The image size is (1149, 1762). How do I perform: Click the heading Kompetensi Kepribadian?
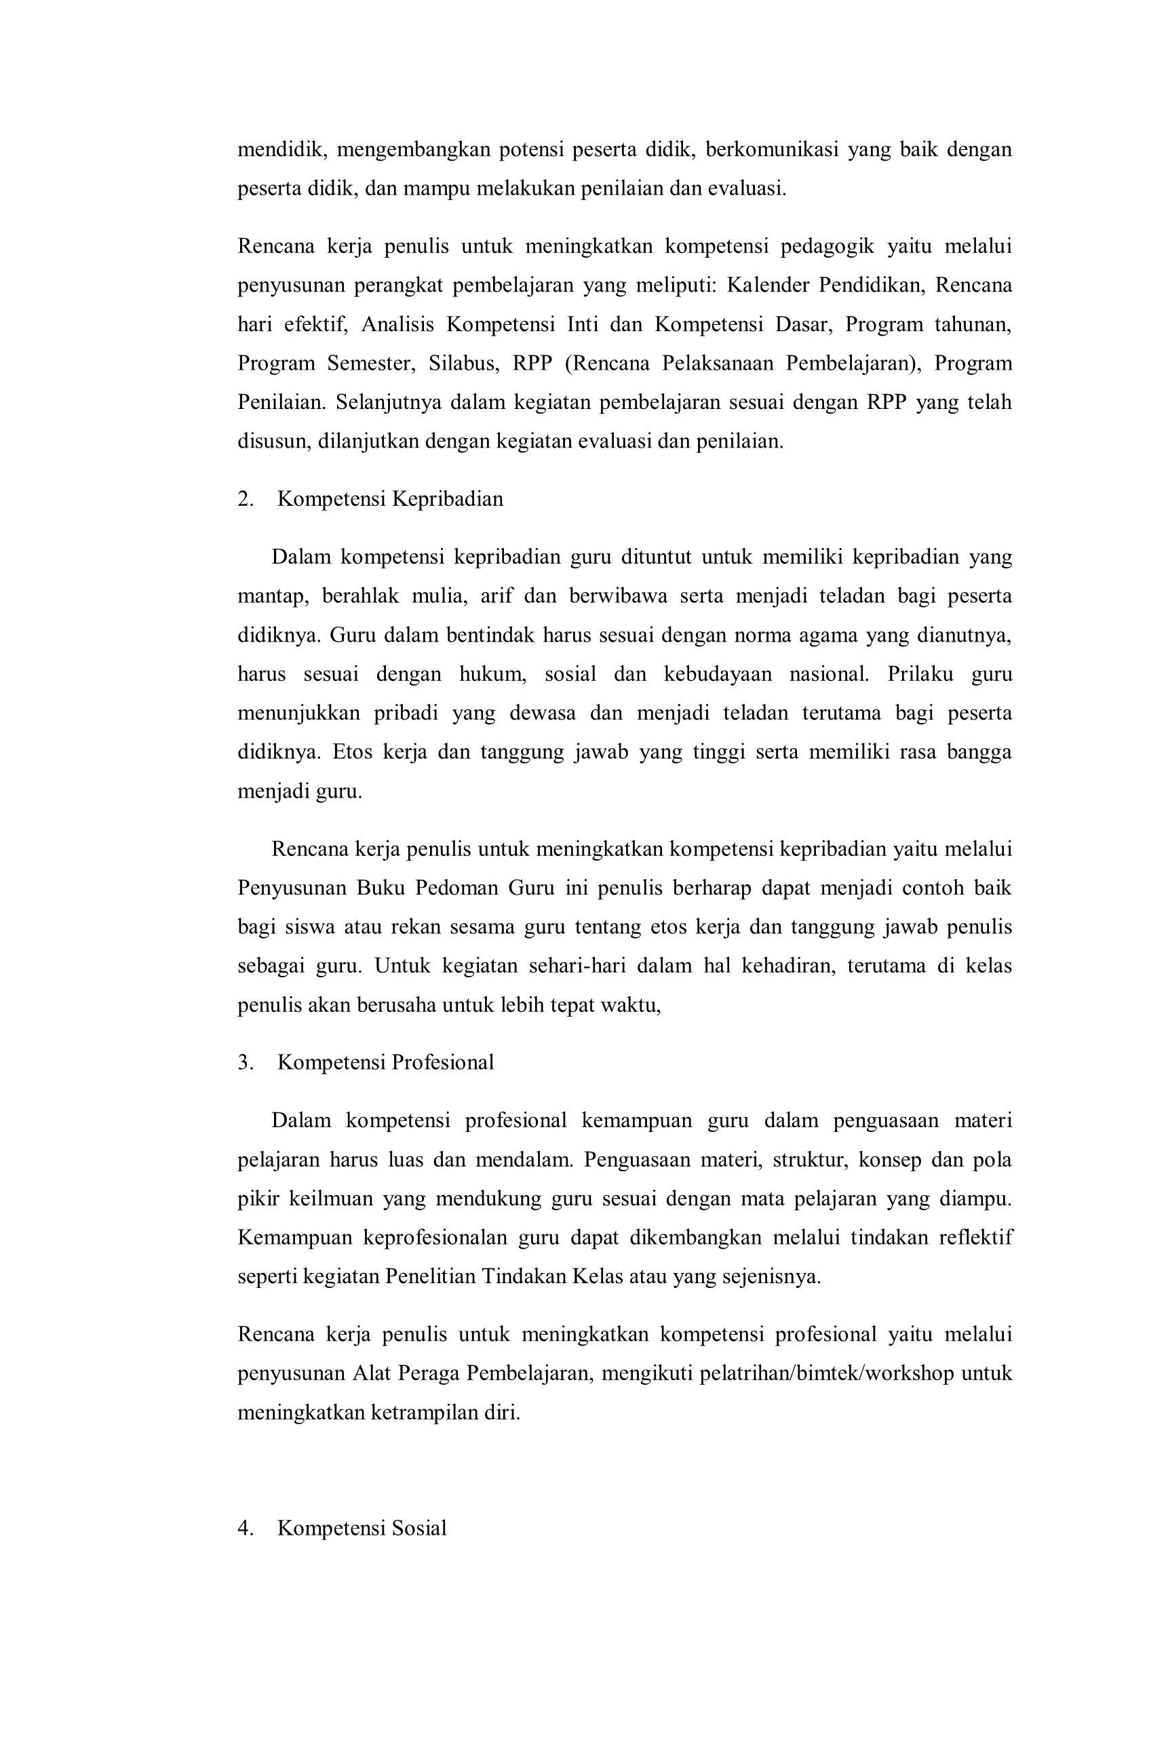pos(390,499)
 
